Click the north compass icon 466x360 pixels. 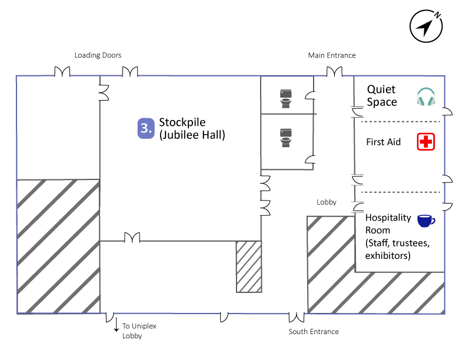click(426, 26)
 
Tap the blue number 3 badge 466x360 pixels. click(145, 129)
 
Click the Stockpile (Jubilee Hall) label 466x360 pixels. click(192, 129)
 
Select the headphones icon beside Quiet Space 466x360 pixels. click(425, 97)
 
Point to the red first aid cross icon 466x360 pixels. click(425, 142)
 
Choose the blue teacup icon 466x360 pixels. click(425, 221)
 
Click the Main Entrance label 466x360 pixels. click(332, 55)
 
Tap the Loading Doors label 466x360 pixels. click(98, 55)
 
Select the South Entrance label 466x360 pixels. click(314, 332)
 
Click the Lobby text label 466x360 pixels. click(327, 202)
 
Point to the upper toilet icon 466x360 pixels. click(286, 98)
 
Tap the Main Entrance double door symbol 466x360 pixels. click(334, 72)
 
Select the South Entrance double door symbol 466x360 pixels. click(297, 318)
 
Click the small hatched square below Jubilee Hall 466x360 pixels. click(248, 266)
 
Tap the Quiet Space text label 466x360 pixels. click(382, 96)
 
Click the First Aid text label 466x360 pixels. click(383, 142)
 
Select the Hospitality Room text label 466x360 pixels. click(388, 236)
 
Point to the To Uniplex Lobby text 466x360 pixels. click(139, 331)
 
